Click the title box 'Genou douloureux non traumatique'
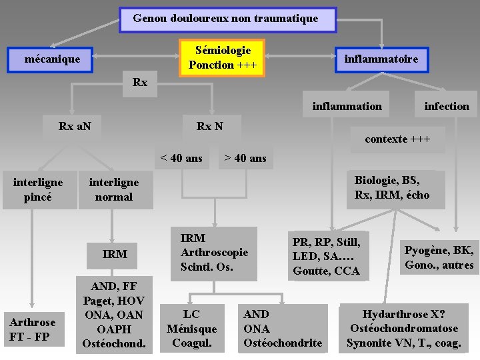tap(227, 19)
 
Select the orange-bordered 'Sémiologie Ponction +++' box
tap(222, 58)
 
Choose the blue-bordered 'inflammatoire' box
tap(381, 59)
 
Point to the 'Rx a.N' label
tap(75, 125)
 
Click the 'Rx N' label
tap(210, 125)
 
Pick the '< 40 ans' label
tap(181, 158)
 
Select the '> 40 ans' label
tap(245, 158)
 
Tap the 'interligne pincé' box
tap(38, 190)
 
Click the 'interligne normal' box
tap(114, 190)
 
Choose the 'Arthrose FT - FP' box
tap(33, 329)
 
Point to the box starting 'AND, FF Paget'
tap(114, 315)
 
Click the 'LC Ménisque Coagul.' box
tap(191, 329)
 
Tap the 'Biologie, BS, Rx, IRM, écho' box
tap(392, 188)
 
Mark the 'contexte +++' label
tap(397, 139)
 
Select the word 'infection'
tap(447, 106)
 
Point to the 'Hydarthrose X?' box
tap(404, 329)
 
